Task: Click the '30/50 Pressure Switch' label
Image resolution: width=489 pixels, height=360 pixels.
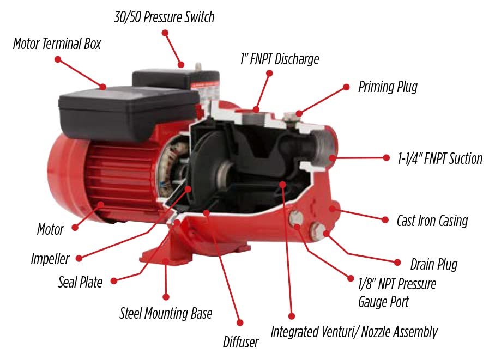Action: pyautogui.click(x=164, y=17)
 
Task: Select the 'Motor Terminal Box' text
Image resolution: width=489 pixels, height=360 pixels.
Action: pyautogui.click(x=57, y=44)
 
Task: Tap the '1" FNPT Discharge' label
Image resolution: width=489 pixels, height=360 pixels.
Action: pyautogui.click(x=280, y=59)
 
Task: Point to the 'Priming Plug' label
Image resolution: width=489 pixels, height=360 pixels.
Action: pyautogui.click(x=388, y=87)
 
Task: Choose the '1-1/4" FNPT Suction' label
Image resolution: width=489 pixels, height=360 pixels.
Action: pyautogui.click(x=440, y=158)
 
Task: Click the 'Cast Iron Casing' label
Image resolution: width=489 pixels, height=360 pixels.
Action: pyautogui.click(x=432, y=221)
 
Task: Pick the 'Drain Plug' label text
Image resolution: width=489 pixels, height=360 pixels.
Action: pyautogui.click(x=434, y=264)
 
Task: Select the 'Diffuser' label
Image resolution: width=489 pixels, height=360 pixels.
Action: pyautogui.click(x=240, y=342)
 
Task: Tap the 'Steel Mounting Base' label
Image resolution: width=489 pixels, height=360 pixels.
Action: pyautogui.click(x=166, y=313)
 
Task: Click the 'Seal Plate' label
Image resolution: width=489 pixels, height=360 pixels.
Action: pyautogui.click(x=80, y=282)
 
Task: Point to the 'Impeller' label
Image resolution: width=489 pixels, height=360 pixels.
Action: pyautogui.click(x=50, y=259)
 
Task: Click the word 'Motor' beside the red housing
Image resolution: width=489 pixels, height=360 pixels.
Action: pyautogui.click(x=50, y=230)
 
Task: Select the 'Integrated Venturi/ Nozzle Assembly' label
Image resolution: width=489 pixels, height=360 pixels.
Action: pyautogui.click(x=354, y=332)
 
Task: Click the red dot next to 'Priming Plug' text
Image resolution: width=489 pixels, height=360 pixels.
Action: pyautogui.click(x=346, y=87)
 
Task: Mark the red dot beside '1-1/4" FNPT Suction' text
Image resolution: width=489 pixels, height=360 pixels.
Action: pyautogui.click(x=386, y=158)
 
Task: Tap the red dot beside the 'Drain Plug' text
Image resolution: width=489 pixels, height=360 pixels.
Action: pyautogui.click(x=397, y=262)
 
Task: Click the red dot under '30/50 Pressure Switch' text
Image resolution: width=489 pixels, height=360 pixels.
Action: pyautogui.click(x=165, y=33)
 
